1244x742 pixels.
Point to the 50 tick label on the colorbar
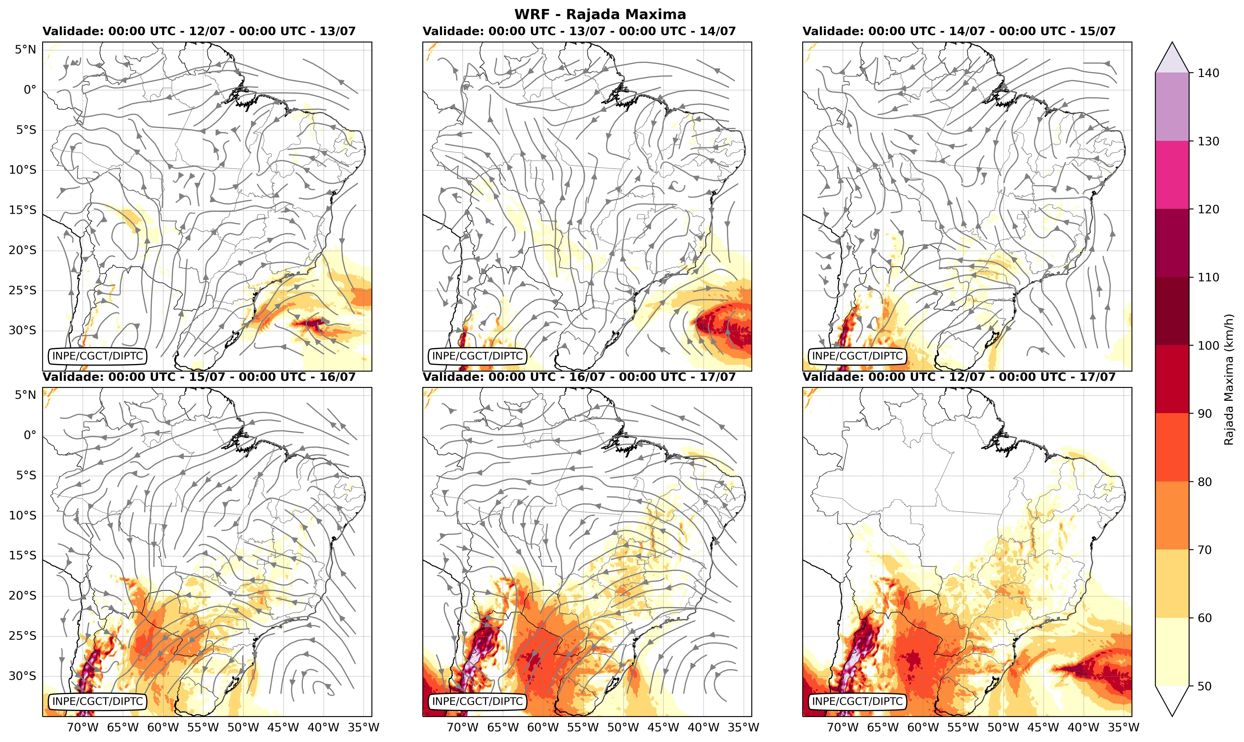[x=1205, y=686]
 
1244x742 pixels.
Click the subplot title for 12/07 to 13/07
[x=199, y=31]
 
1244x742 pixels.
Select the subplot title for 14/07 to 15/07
[x=959, y=31]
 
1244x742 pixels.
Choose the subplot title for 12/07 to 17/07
[x=959, y=377]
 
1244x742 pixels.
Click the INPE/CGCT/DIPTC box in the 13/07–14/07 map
[x=477, y=356]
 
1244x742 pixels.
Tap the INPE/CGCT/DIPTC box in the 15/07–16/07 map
[x=98, y=702]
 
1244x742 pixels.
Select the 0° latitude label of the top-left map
[x=30, y=90]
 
